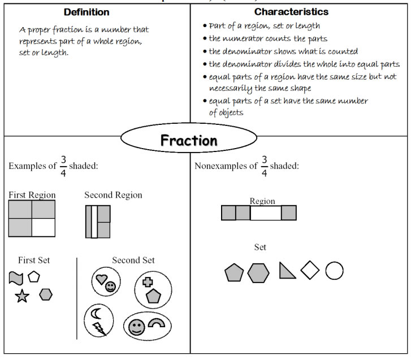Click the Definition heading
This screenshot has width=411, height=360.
point(86,12)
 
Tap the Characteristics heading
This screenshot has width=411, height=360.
point(291,12)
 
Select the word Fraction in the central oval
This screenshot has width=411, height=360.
point(189,140)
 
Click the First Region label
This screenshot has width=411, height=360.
point(32,195)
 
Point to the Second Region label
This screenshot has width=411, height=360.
point(113,195)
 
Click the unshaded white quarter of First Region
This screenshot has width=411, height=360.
point(44,227)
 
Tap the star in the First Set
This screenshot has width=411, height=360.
point(22,296)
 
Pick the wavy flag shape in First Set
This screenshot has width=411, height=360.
point(15,277)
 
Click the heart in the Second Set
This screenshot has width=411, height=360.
point(102,279)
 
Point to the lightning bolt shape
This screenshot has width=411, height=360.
point(99,328)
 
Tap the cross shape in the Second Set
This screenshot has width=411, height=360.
point(148,281)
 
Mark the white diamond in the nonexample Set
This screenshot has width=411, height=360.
point(310,270)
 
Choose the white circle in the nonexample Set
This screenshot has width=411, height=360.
point(334,271)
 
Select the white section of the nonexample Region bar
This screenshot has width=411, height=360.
point(265,213)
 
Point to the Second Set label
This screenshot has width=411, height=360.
point(133,260)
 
